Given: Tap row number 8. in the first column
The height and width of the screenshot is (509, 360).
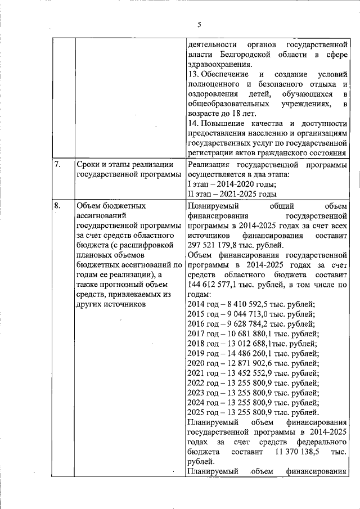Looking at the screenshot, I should [x=57, y=205].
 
